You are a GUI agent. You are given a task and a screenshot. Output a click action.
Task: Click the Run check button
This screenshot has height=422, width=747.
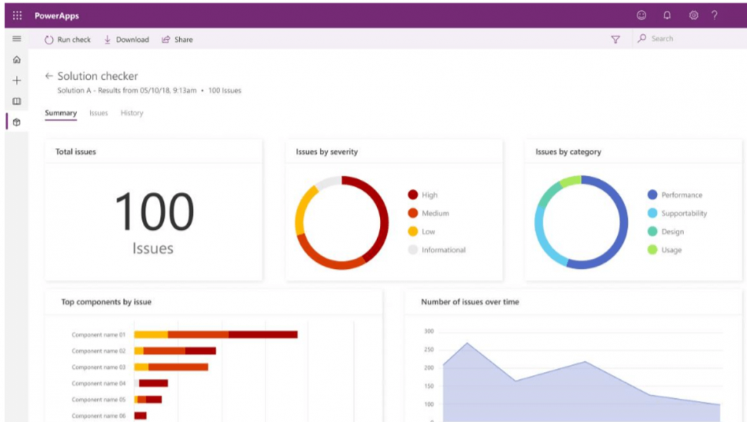click(67, 40)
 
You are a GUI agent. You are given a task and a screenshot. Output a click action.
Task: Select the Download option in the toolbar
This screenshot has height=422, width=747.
click(127, 40)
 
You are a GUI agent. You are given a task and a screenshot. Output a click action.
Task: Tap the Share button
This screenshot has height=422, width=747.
click(177, 40)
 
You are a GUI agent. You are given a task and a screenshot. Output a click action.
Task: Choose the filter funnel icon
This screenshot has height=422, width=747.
click(616, 40)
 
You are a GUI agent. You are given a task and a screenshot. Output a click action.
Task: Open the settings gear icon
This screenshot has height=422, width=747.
click(693, 15)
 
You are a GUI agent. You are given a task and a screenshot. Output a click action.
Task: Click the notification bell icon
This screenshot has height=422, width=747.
click(667, 15)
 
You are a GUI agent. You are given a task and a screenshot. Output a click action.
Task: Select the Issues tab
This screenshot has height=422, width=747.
click(99, 113)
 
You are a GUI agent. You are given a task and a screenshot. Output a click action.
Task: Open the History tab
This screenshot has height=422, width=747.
click(132, 113)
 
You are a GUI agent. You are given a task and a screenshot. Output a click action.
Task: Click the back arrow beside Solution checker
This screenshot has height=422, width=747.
click(49, 76)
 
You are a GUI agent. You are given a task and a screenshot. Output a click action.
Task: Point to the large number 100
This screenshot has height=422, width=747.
click(154, 212)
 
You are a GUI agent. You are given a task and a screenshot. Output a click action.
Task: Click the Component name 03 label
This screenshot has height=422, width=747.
click(99, 367)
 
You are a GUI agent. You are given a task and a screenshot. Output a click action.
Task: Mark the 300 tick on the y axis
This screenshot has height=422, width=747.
click(429, 331)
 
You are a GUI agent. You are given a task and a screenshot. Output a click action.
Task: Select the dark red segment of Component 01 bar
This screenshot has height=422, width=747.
click(263, 334)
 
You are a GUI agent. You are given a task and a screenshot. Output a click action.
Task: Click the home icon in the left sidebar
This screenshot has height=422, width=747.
click(17, 60)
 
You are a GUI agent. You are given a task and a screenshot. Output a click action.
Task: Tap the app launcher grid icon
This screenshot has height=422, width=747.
click(17, 15)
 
